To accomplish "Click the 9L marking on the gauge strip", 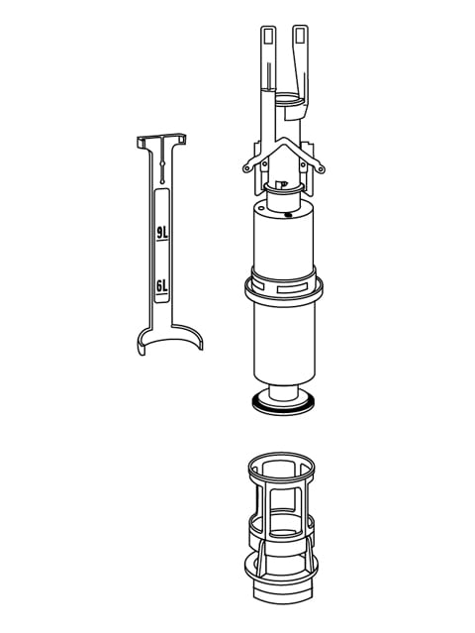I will point(162,235).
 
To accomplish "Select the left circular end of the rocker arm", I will point(241,172).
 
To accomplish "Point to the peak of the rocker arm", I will point(282,144).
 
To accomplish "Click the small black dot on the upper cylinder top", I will point(287,212).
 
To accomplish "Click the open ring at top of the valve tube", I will point(284,100).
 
